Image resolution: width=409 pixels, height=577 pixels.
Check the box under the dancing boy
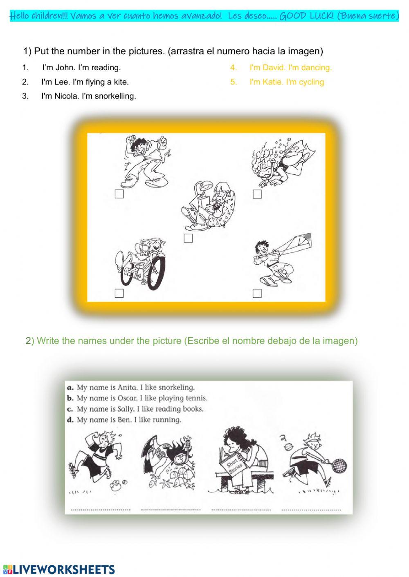pyautogui.click(x=119, y=194)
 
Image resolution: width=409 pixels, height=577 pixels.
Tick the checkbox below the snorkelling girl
pyautogui.click(x=257, y=194)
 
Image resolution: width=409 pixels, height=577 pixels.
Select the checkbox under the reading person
pyautogui.click(x=188, y=238)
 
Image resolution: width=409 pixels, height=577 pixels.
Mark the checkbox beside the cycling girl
pyautogui.click(x=119, y=293)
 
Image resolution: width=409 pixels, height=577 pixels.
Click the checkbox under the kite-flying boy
pyautogui.click(x=257, y=293)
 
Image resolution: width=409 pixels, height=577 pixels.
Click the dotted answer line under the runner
pyautogui.click(x=101, y=509)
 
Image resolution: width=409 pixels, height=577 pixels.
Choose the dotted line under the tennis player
pyautogui.click(x=311, y=509)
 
